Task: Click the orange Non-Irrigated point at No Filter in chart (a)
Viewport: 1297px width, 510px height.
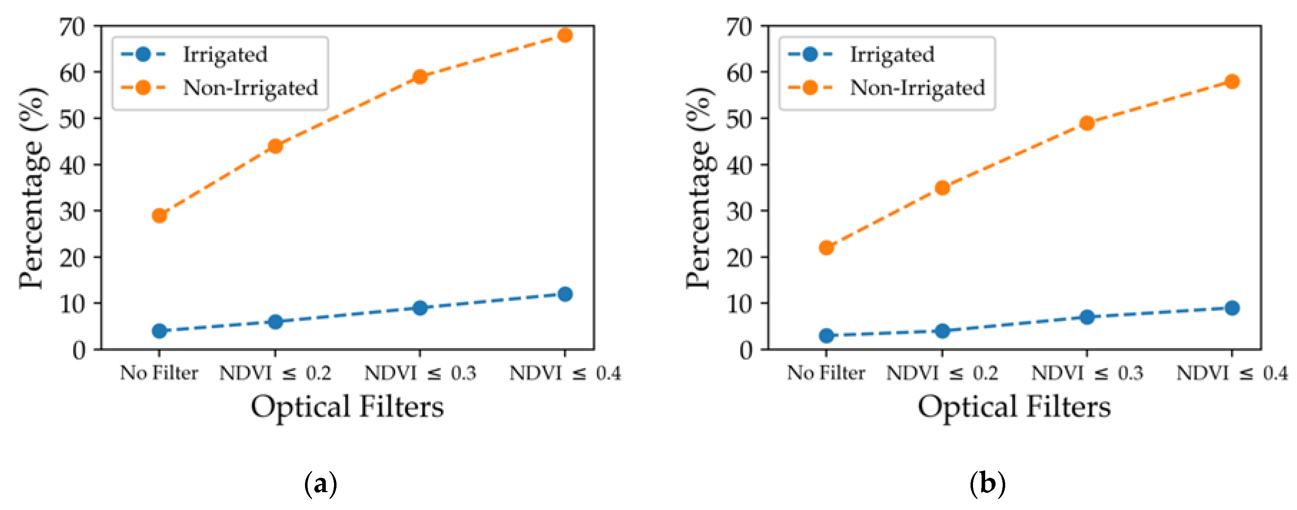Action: (159, 215)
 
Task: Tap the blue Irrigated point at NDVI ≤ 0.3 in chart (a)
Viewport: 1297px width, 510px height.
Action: (420, 308)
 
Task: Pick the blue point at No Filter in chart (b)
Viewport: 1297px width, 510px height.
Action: (826, 335)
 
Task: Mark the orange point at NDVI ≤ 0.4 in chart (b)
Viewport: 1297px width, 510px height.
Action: (1232, 82)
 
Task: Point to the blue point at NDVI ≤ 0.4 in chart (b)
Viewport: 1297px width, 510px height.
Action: (1232, 308)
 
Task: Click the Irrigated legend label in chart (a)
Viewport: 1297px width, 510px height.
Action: (225, 54)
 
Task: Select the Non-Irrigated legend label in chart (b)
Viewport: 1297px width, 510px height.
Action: (917, 88)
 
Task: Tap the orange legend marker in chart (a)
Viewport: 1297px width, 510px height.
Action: (143, 88)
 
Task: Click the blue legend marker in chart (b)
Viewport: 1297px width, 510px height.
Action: (810, 54)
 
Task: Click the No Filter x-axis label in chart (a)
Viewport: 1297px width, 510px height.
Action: (159, 373)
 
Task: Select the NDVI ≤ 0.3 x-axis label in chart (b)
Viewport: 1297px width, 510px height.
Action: (1087, 373)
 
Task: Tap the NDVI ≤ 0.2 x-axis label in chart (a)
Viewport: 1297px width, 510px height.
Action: (275, 373)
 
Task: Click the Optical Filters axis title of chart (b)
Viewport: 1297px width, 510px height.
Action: (1014, 407)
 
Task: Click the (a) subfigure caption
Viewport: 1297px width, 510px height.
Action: (321, 484)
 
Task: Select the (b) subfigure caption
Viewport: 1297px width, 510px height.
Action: (987, 484)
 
